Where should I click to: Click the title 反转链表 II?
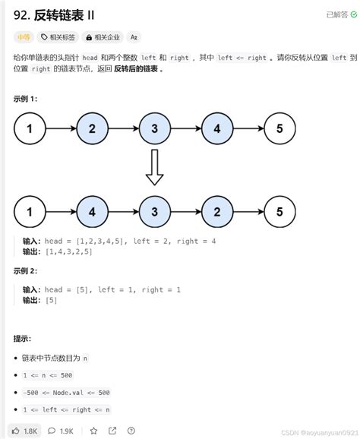[58, 14]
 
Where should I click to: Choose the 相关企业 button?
[103, 36]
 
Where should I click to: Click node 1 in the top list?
[30, 128]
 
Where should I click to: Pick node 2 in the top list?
[92, 128]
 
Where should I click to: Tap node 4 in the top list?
[216, 128]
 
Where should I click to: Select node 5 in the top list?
[279, 128]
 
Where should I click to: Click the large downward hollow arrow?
[154, 168]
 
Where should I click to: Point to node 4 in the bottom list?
[92, 211]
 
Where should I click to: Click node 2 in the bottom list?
[216, 211]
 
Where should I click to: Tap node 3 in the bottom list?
[154, 211]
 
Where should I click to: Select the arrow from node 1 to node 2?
[61, 128]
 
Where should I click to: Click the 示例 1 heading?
[25, 99]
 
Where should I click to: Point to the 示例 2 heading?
[25, 271]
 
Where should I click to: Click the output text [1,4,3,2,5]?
[68, 251]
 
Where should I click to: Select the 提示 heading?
[23, 338]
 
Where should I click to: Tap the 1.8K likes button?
[24, 431]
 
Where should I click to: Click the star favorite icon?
[93, 431]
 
